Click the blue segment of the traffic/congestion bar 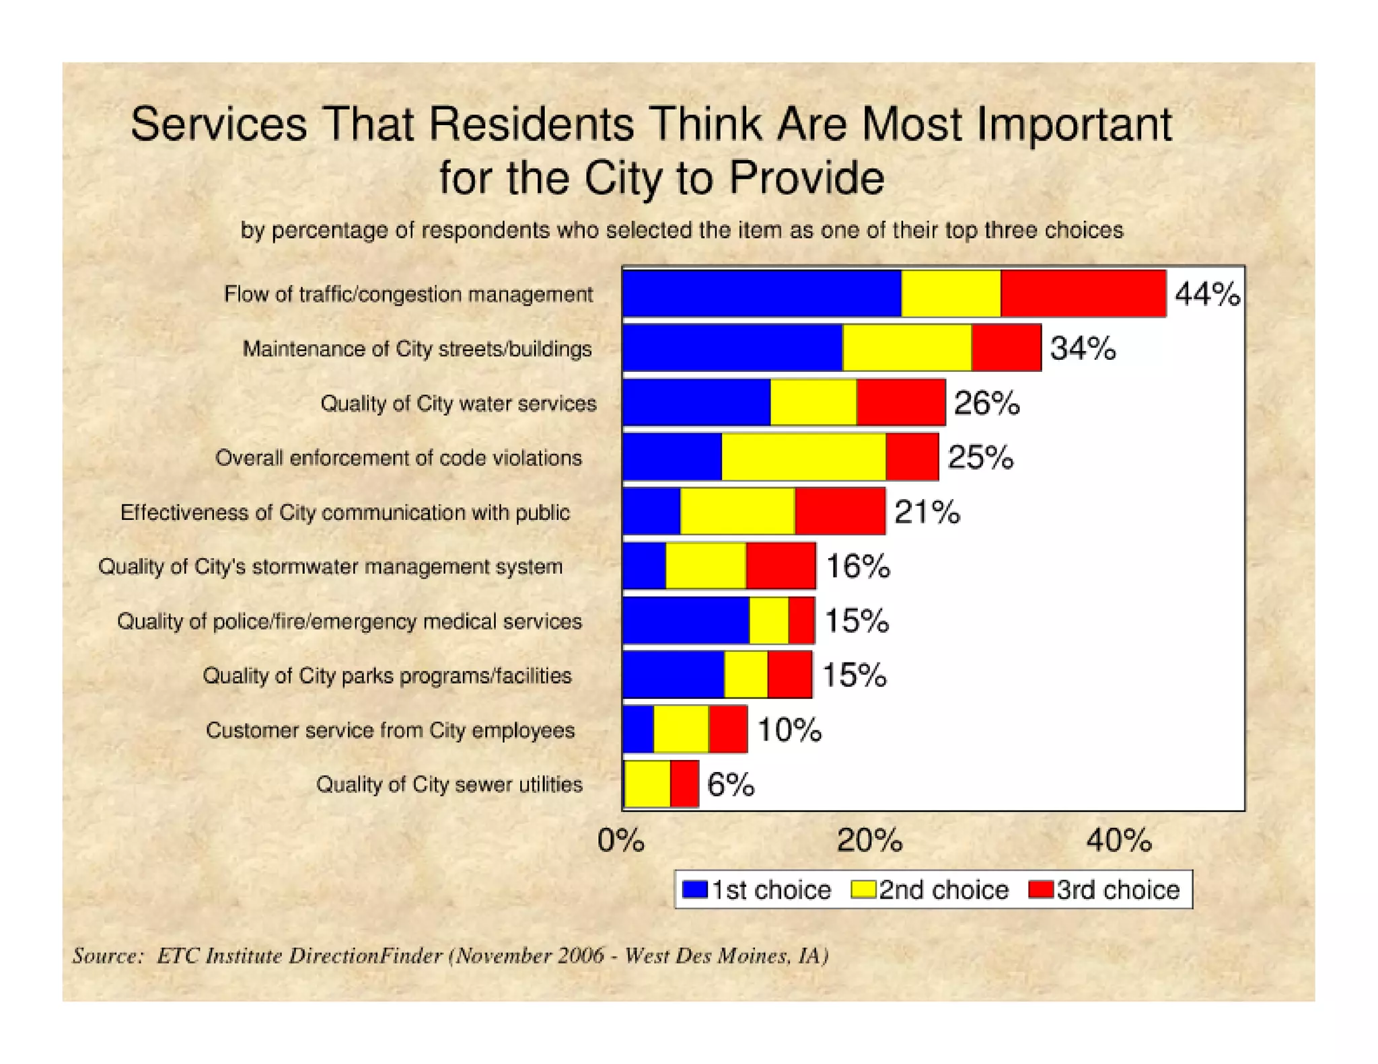[762, 293]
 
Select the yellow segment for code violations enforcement [803, 457]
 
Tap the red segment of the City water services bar [900, 402]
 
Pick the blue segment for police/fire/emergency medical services [686, 620]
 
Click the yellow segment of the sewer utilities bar [647, 784]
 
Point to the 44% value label [1207, 295]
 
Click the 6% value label [731, 784]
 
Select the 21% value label [927, 512]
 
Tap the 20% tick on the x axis [869, 841]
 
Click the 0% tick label [620, 841]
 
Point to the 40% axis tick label [1119, 841]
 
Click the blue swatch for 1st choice [694, 890]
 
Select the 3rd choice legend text [1118, 890]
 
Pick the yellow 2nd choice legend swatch [863, 890]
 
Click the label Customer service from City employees [390, 730]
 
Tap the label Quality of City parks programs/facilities [387, 675]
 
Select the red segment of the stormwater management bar [781, 566]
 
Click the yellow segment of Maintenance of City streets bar [906, 348]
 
